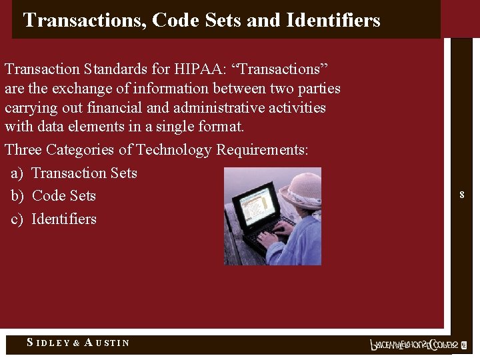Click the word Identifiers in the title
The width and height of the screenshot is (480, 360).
333,21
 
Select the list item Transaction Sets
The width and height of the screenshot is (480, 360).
84,173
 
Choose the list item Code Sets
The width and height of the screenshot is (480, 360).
63,196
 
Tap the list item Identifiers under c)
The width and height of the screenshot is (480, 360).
64,219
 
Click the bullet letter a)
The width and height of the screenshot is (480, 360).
17,173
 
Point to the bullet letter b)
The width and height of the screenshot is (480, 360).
17,196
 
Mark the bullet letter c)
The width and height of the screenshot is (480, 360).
17,219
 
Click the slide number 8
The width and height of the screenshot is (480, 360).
461,195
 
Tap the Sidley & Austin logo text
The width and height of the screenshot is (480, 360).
78,343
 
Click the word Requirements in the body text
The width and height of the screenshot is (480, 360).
262,150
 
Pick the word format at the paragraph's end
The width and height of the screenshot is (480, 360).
222,127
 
